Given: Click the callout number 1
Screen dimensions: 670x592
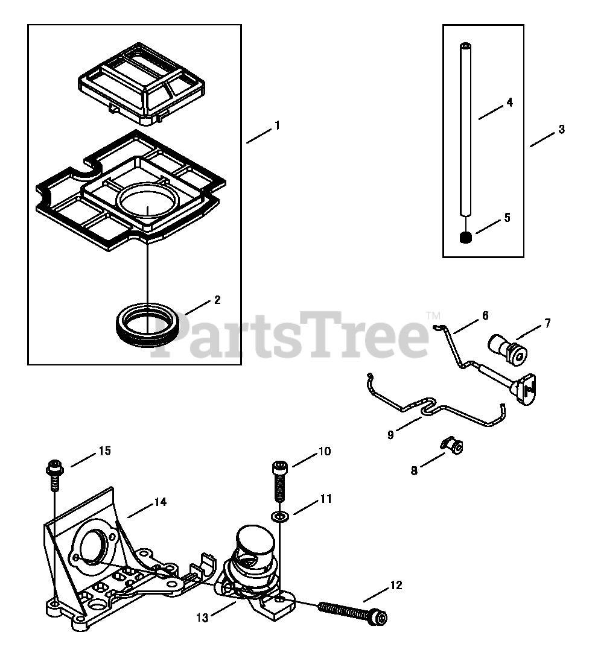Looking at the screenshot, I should tap(277, 125).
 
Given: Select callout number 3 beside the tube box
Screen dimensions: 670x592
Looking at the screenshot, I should tap(561, 129).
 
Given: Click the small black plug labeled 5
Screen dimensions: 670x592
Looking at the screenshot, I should tap(465, 238).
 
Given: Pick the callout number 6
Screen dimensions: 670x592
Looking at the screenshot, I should tap(485, 315).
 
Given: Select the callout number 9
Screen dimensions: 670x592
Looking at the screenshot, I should tap(390, 435).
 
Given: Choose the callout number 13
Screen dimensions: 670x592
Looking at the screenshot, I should tap(202, 617).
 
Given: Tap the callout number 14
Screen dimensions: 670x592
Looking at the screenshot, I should tap(160, 502).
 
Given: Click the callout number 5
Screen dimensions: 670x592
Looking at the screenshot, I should tap(507, 218).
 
